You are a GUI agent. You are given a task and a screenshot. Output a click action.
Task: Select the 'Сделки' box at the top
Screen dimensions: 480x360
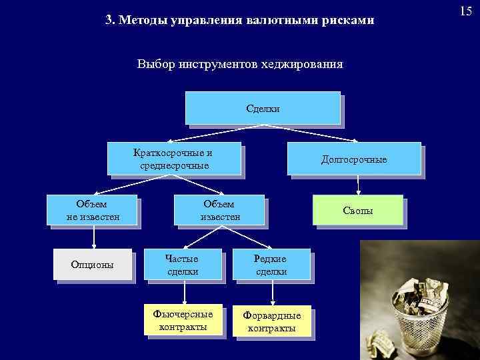(x=263, y=108)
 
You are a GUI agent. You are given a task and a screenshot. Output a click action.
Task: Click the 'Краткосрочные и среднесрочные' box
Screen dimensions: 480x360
(x=174, y=158)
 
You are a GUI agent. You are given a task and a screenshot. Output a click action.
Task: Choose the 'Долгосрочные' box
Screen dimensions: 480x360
(x=353, y=159)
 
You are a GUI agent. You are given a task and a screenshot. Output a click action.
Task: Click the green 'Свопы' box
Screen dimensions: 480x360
(x=357, y=210)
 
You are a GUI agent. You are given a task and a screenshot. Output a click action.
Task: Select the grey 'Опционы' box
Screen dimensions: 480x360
(x=92, y=265)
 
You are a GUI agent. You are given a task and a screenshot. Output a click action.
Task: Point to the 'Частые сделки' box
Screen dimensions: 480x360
(x=183, y=265)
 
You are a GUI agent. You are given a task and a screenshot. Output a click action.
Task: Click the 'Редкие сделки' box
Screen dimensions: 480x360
(x=271, y=265)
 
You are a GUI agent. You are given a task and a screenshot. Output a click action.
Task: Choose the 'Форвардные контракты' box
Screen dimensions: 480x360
(x=271, y=322)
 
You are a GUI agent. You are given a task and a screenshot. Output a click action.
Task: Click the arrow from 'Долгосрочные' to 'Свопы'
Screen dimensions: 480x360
(x=358, y=184)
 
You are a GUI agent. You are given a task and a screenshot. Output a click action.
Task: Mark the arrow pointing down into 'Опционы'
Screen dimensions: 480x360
(x=93, y=237)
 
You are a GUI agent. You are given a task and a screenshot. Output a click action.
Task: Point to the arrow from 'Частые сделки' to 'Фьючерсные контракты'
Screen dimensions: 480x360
(x=185, y=292)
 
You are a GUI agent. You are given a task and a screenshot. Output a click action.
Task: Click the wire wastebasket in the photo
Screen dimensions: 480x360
(x=421, y=313)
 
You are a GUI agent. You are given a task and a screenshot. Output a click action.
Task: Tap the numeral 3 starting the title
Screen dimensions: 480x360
(x=108, y=21)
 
